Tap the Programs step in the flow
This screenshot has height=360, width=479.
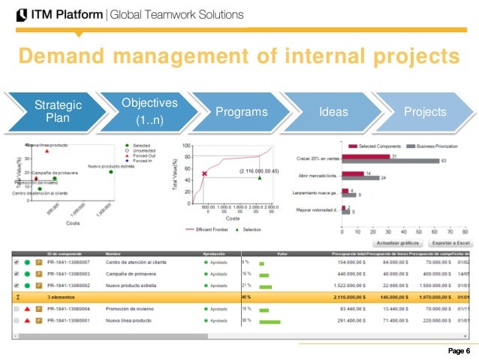coord(241,112)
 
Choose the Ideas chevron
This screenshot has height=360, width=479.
coord(333,112)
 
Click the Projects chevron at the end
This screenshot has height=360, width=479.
coord(425,112)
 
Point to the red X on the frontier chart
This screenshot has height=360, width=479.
coord(203,174)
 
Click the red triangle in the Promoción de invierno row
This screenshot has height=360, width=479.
coord(26,309)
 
